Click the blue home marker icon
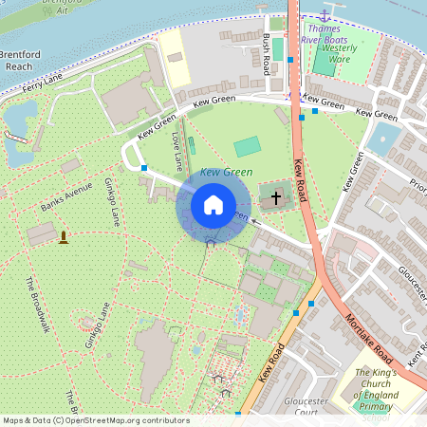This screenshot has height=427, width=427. point(213,204)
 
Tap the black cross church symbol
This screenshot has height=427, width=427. point(276,198)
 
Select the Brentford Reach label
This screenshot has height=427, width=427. point(20,61)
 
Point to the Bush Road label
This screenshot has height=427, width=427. point(266,55)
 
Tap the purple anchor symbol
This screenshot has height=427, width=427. point(325,15)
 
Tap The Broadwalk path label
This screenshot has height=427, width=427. point(38,304)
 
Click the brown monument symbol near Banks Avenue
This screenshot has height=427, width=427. point(64,235)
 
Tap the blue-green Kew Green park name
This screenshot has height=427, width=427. point(226,172)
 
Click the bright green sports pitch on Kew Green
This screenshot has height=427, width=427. point(247,146)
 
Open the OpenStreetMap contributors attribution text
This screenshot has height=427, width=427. point(95,420)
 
